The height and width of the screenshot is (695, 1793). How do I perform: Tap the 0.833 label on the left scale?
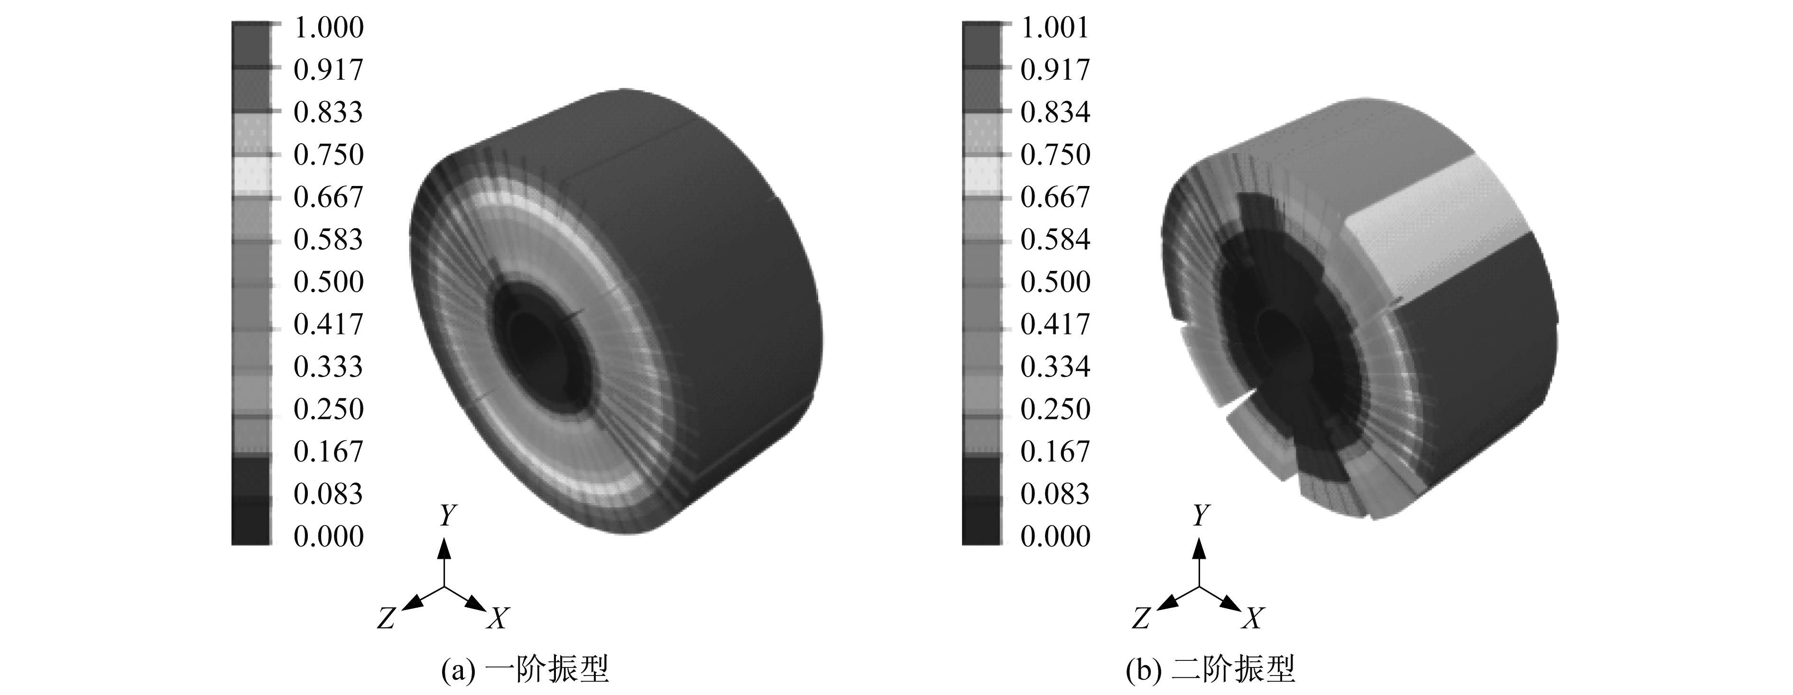[329, 112]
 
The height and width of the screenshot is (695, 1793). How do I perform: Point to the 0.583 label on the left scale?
[329, 240]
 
